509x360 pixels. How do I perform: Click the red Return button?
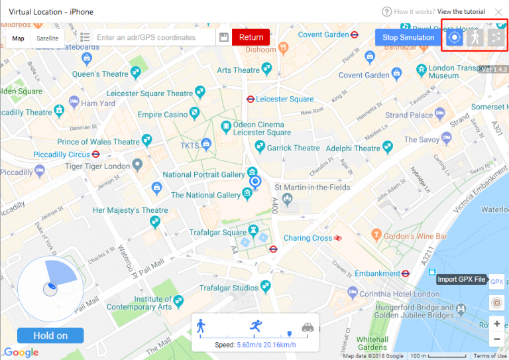(251, 38)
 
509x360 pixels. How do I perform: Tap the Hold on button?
(50, 335)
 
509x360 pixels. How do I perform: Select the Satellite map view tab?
(47, 38)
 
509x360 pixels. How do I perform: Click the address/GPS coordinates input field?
(155, 38)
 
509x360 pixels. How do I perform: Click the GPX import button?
(496, 282)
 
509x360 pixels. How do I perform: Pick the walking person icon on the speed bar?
(201, 326)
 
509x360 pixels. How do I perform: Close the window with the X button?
(498, 12)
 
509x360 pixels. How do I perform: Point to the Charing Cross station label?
(308, 238)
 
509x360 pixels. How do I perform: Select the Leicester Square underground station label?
(284, 99)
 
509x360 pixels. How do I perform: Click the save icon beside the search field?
(224, 38)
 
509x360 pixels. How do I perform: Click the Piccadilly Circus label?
(62, 154)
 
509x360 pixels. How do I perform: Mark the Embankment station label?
(377, 273)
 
